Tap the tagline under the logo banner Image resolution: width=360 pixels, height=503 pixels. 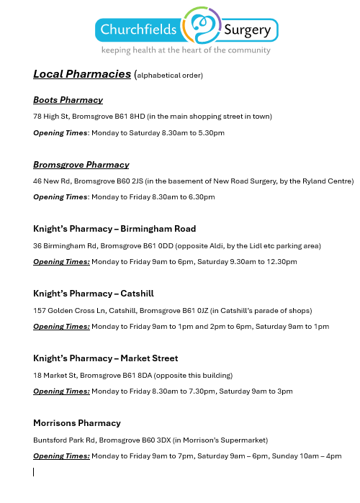pyautogui.click(x=186, y=50)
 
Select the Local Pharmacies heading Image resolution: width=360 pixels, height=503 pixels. pyautogui.click(x=82, y=73)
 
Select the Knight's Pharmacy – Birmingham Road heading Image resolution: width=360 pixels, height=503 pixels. pyautogui.click(x=114, y=229)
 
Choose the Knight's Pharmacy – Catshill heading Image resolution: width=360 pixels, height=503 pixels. pyautogui.click(x=94, y=294)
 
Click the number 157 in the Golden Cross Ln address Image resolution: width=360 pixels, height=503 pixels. pyautogui.click(x=40, y=310)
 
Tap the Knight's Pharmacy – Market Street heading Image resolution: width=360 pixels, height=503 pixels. pyautogui.click(x=105, y=358)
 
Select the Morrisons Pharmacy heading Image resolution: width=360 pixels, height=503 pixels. pyautogui.click(x=77, y=422)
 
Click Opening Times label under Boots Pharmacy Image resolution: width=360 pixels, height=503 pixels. pyautogui.click(x=60, y=132)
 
